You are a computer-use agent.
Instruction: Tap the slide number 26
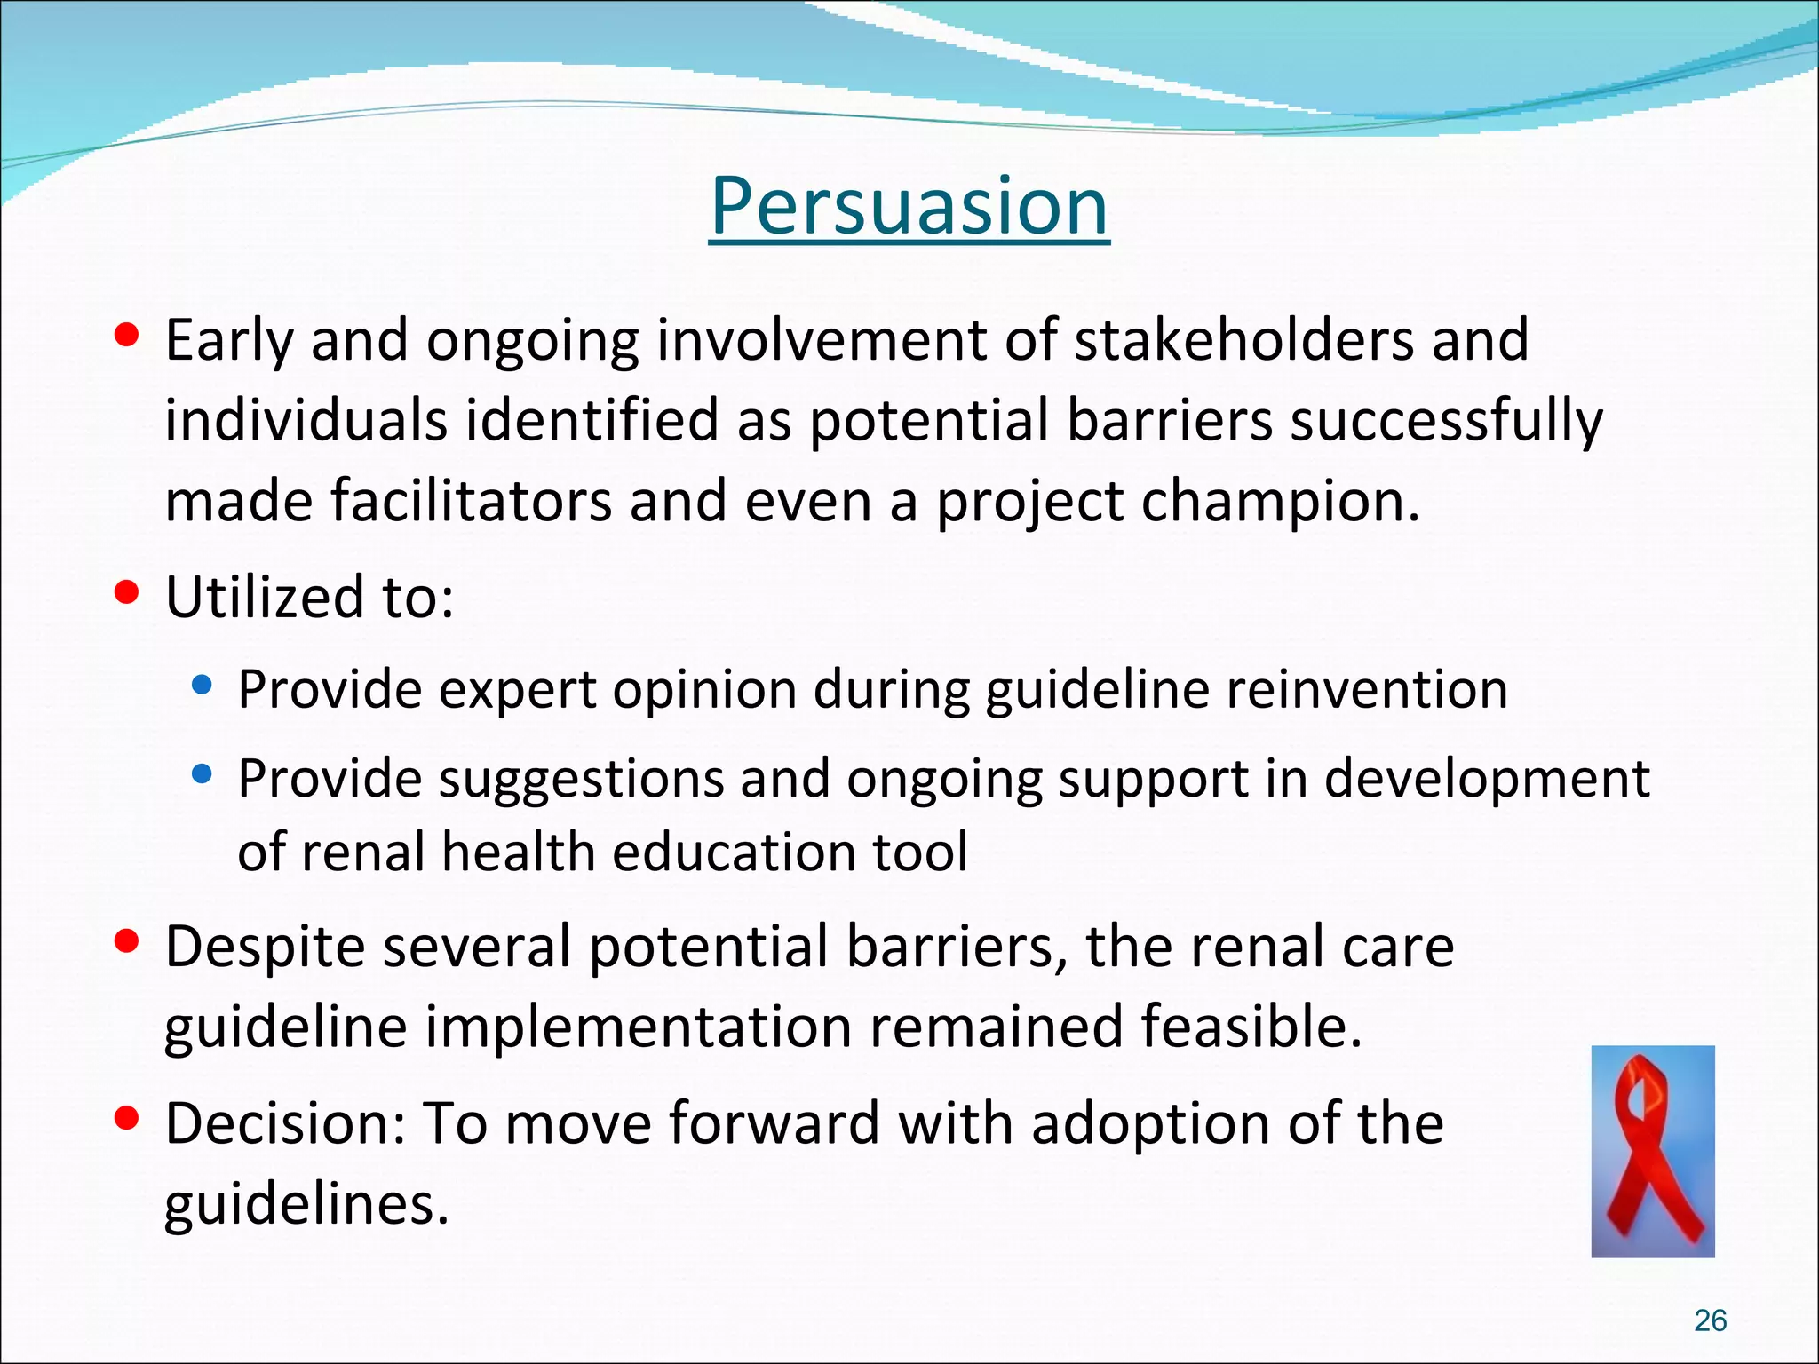tap(1710, 1320)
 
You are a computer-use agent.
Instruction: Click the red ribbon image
tap(1652, 1151)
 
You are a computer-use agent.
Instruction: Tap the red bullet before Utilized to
tap(127, 592)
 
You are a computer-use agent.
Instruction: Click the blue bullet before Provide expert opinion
tap(203, 685)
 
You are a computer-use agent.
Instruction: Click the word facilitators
tap(472, 502)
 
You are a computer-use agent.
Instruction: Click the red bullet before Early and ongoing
tap(127, 335)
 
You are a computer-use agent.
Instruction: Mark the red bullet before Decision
tap(127, 1119)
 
